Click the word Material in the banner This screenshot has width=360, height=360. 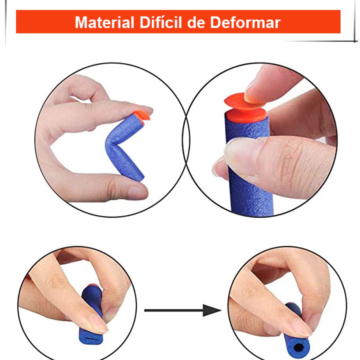point(104,22)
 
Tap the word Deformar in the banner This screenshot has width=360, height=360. point(245,22)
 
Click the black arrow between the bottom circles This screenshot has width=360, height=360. point(180,310)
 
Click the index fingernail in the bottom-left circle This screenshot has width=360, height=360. point(97,325)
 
